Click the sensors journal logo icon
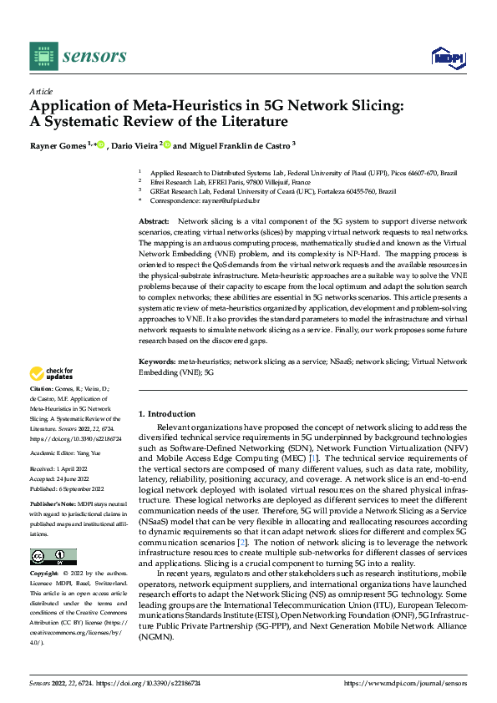pos(43,56)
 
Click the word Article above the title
pos(41,91)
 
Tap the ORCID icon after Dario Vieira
pos(167,145)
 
